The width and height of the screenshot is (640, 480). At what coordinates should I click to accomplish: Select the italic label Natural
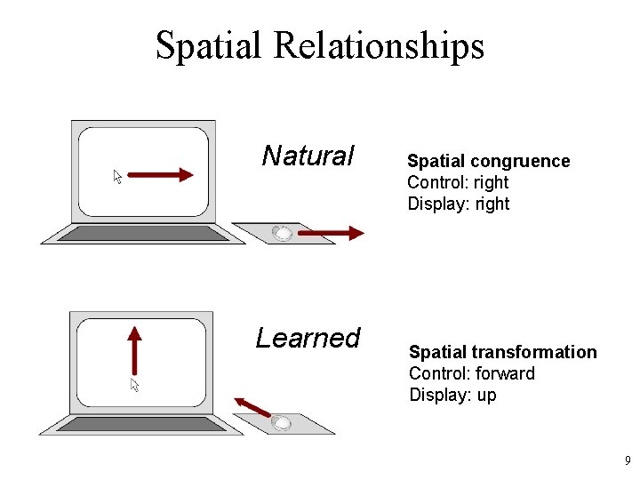[x=308, y=156]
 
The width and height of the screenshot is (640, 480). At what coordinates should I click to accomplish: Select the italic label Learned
[x=308, y=338]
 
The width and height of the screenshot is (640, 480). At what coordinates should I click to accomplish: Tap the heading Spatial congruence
[x=488, y=161]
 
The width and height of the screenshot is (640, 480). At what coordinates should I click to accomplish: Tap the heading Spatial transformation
[x=502, y=352]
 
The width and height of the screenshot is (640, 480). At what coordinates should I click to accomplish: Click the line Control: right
[x=458, y=182]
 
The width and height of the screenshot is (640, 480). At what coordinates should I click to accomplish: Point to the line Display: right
[x=458, y=204]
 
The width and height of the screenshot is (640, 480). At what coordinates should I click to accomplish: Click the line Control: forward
[x=471, y=373]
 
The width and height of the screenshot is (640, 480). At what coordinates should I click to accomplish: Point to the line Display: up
[x=452, y=395]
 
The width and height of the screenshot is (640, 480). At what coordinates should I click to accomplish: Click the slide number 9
[x=628, y=460]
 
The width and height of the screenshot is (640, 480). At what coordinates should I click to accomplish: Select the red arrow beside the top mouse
[x=330, y=234]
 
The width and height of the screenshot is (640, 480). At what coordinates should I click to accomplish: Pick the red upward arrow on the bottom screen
[x=134, y=350]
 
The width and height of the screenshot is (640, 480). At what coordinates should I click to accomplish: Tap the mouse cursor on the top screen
[x=117, y=176]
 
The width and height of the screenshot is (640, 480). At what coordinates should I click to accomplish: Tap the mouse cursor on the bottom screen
[x=135, y=385]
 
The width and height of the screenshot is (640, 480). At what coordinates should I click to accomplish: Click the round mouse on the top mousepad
[x=282, y=234]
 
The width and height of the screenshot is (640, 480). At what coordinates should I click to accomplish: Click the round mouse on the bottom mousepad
[x=281, y=423]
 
